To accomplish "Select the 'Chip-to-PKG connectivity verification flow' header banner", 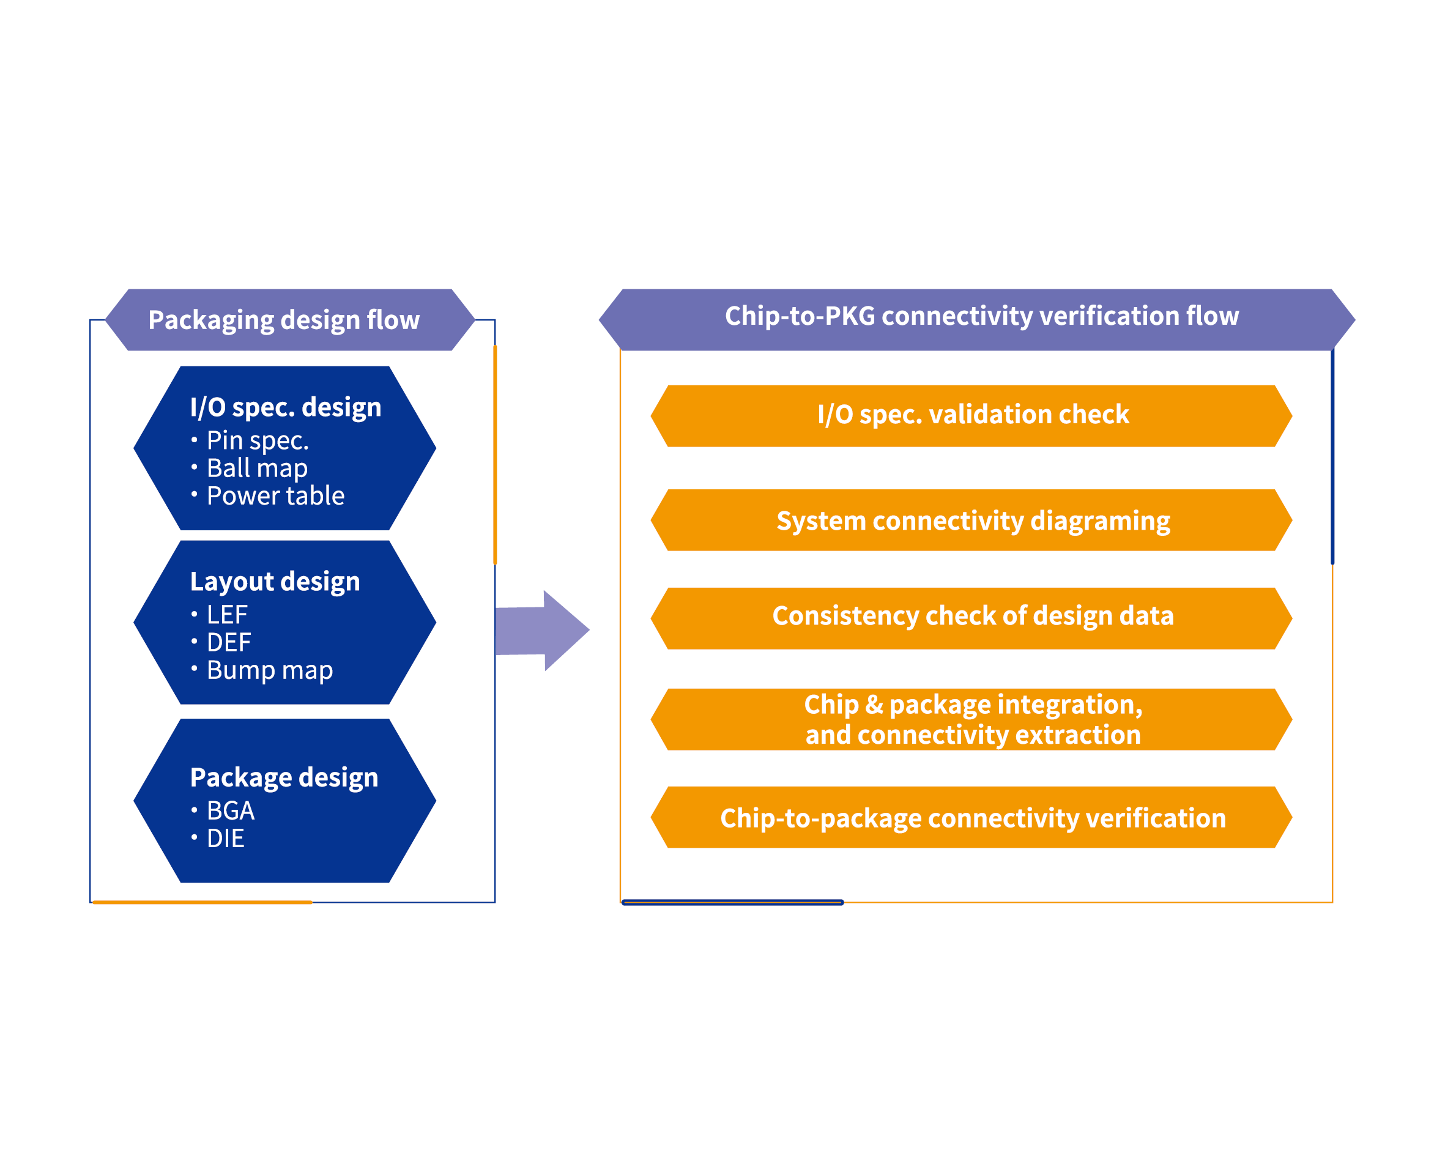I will click(x=981, y=316).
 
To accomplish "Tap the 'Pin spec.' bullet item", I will click(x=258, y=440).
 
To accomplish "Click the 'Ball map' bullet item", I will click(x=257, y=468).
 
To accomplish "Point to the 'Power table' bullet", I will click(x=275, y=496).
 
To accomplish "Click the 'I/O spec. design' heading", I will click(x=286, y=407).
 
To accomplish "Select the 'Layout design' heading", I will click(x=275, y=582).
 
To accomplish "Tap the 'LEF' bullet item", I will click(x=226, y=615).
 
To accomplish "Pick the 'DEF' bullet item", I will click(x=229, y=643).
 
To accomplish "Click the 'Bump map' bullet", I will click(x=269, y=670).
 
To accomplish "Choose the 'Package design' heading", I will click(x=284, y=777).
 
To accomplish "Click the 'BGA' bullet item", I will click(x=231, y=811).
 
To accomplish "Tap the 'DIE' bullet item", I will click(x=225, y=839).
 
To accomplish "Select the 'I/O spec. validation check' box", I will click(x=972, y=415).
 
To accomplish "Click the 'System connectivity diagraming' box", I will click(x=972, y=521).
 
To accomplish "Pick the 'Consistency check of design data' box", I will click(x=972, y=617).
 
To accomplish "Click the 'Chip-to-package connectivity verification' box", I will click(x=972, y=818).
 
